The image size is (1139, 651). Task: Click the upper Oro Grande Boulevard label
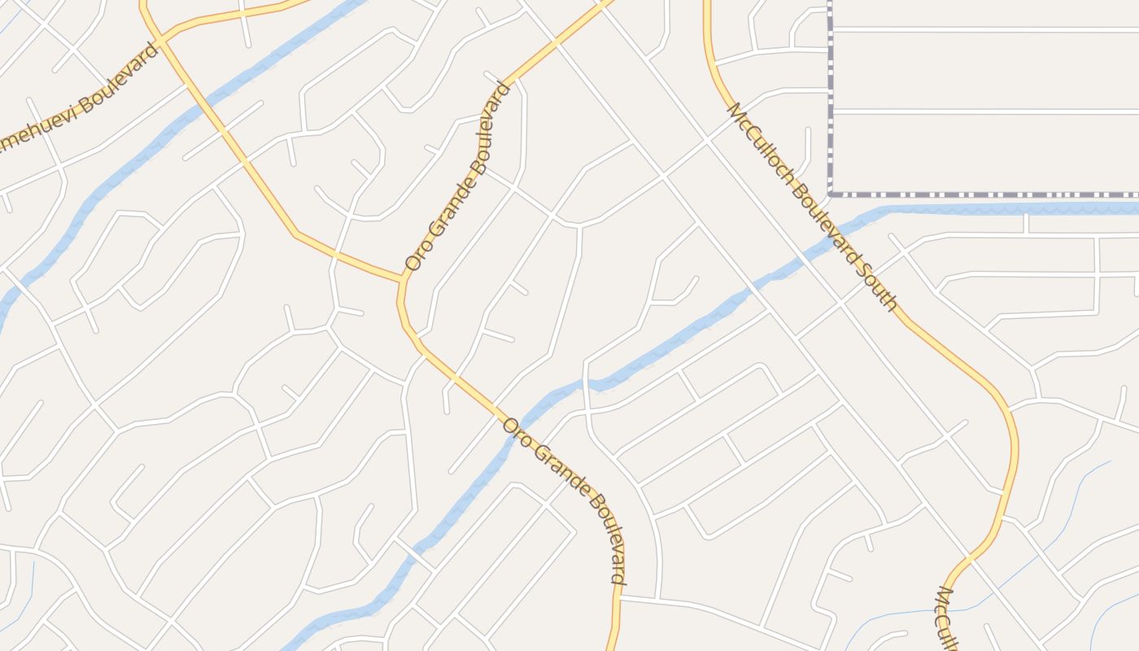pyautogui.click(x=458, y=177)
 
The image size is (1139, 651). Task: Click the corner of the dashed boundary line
pyautogui.click(x=830, y=194)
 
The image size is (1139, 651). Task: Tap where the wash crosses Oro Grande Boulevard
pyautogui.click(x=521, y=421)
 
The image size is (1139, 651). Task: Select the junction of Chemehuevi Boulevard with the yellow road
pyautogui.click(x=163, y=39)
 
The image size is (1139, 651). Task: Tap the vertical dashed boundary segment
pyautogui.click(x=830, y=98)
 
